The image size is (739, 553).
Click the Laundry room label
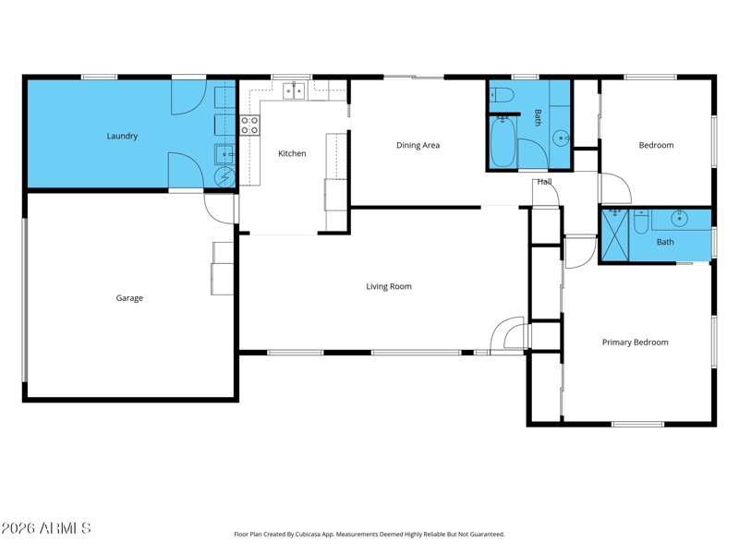122,136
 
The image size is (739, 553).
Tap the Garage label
129,298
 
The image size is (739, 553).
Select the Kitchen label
292,153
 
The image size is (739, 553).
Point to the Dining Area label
418,146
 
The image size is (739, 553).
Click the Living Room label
389,286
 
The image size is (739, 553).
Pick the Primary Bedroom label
636,343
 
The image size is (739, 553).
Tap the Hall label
544,182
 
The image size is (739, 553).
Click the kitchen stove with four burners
249,126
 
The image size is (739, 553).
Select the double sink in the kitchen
294,90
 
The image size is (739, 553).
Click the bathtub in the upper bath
503,141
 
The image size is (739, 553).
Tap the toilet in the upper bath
501,95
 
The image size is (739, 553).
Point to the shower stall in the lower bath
615,235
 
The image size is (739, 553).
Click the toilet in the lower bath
641,222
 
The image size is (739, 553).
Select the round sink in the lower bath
679,218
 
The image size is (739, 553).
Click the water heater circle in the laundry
224,176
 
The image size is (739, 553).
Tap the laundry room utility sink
224,154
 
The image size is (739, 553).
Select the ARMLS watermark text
45,528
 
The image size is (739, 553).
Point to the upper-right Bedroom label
656,146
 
